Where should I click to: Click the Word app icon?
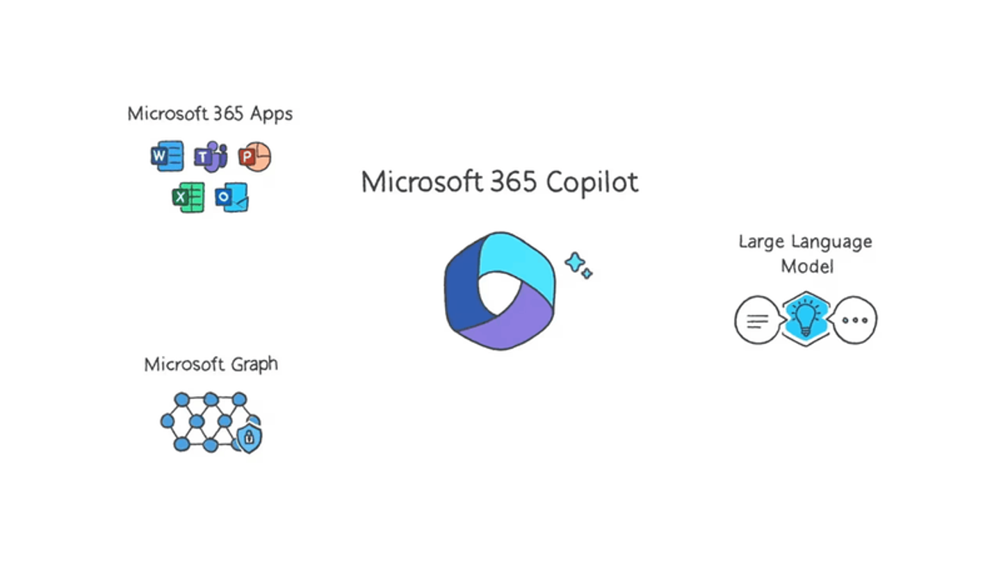tap(167, 156)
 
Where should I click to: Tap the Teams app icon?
tap(211, 157)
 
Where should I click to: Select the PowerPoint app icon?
tap(254, 157)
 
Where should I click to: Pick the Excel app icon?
tap(188, 197)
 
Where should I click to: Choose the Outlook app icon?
tap(232, 197)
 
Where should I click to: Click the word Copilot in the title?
tap(592, 183)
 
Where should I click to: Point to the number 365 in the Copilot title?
tap(514, 182)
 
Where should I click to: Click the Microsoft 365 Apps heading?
tap(210, 114)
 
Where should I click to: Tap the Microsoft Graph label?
tap(211, 365)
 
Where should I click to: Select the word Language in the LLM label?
tap(831, 243)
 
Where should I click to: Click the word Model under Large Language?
tap(807, 266)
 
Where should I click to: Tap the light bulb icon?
tap(806, 319)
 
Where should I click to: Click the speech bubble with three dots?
tap(854, 320)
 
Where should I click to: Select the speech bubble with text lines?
tap(758, 320)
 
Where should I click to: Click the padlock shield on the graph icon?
tap(250, 438)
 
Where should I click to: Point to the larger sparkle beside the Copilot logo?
tap(575, 263)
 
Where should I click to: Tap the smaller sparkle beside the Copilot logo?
tap(587, 273)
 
